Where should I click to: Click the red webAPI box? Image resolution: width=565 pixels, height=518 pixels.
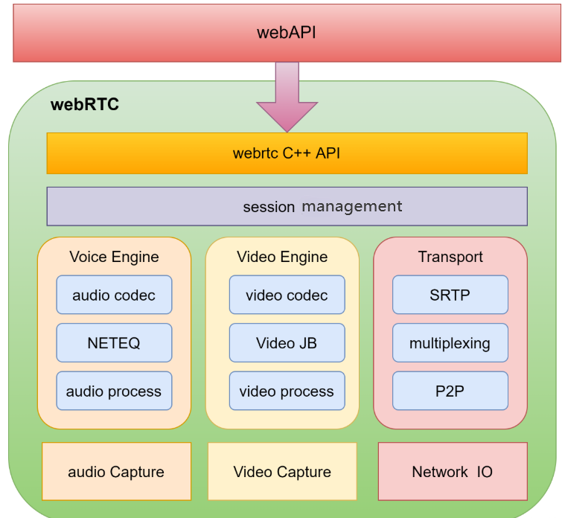coord(287,33)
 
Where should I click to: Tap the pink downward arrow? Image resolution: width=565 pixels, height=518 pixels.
coord(287,97)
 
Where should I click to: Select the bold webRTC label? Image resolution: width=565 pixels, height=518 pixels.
coord(84,104)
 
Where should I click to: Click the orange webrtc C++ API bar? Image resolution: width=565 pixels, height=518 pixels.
coord(287,153)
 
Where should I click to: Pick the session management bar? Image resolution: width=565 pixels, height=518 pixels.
coord(287,206)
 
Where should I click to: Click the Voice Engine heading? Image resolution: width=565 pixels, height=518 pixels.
coord(114,257)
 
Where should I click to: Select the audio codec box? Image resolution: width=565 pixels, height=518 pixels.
coord(114,295)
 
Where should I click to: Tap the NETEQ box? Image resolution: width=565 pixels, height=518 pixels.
coord(114,343)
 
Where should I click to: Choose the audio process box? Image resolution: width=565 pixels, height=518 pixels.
coord(114,391)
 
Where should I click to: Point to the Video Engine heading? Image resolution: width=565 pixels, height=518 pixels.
coord(282,257)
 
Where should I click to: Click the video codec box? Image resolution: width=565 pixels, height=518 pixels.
coord(287,295)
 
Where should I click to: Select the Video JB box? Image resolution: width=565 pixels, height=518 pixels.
coord(287,343)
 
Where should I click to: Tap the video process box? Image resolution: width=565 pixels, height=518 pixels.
coord(287,391)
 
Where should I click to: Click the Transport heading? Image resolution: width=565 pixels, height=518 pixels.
coord(450,257)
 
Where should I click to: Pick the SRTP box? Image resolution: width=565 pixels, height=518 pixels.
coord(450,295)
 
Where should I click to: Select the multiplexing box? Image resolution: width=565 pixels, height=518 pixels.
coord(450,343)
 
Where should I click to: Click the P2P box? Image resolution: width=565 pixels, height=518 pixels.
coord(450,391)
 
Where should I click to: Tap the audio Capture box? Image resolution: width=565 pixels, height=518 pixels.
coord(116,472)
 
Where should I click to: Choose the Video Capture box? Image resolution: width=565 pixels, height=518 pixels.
coord(282,472)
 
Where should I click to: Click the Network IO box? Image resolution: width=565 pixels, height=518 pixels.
coord(453,472)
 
